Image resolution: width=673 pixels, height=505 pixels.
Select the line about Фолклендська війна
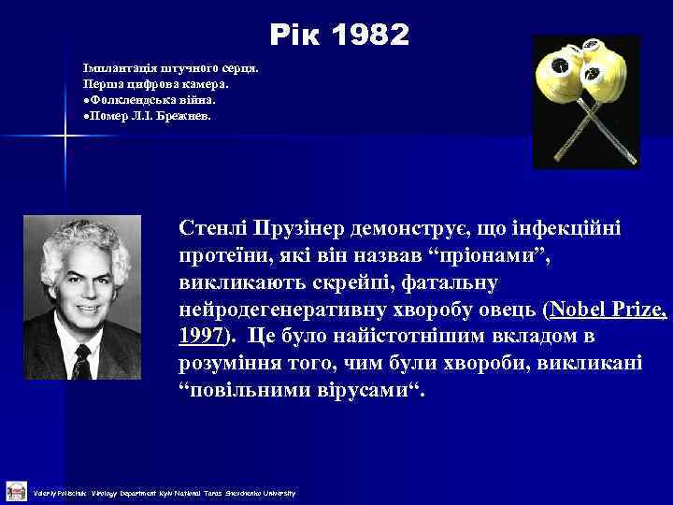click(x=149, y=99)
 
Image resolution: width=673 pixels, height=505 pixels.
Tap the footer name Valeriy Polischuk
click(x=60, y=493)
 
